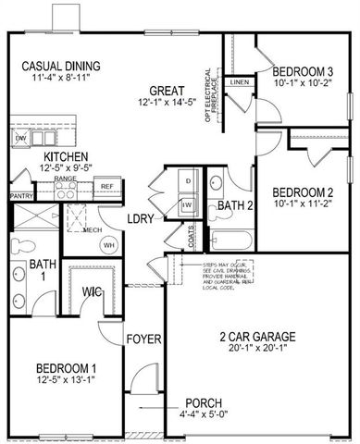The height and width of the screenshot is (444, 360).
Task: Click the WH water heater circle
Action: [108, 244]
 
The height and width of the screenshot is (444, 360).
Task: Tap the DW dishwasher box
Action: [21, 139]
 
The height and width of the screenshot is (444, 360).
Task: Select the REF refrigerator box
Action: [106, 187]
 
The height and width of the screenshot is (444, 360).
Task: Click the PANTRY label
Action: [21, 197]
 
